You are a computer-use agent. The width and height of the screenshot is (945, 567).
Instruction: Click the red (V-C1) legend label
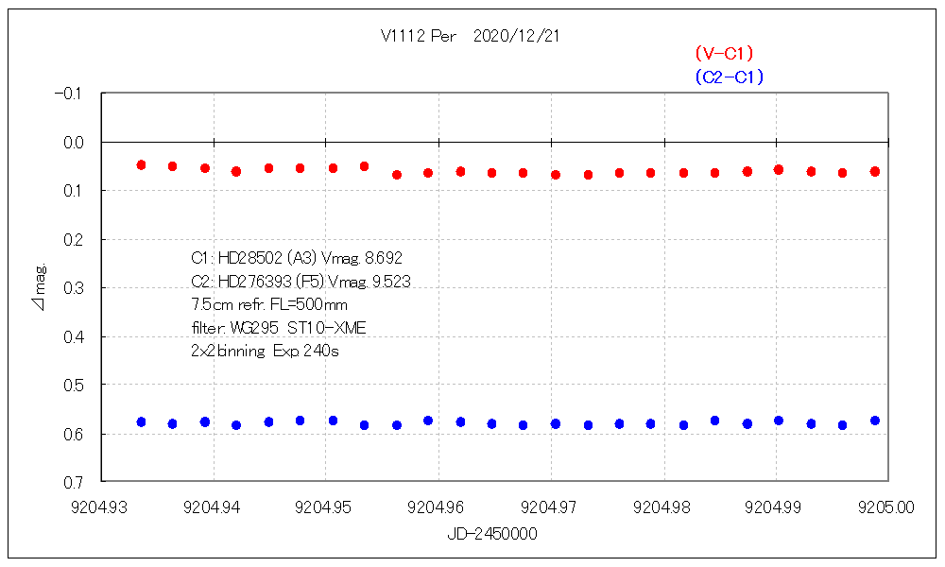(x=724, y=54)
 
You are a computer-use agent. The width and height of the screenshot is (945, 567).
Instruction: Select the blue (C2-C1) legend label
(x=728, y=77)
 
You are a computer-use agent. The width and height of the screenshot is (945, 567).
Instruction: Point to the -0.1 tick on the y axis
(x=69, y=94)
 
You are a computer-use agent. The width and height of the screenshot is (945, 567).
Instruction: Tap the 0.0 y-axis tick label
(x=73, y=142)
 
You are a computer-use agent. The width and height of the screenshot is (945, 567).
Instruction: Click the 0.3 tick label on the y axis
(x=73, y=287)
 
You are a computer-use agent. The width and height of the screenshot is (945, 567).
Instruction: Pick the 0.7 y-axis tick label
(x=73, y=482)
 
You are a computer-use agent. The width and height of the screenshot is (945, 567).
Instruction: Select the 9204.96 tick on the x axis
(x=439, y=507)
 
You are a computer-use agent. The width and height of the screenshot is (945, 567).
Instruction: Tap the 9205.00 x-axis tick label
(x=888, y=507)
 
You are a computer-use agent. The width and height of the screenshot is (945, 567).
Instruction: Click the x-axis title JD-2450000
(x=492, y=534)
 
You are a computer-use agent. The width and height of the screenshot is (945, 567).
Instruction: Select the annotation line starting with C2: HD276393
(x=300, y=281)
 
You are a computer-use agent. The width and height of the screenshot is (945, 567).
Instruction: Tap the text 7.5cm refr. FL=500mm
(x=268, y=304)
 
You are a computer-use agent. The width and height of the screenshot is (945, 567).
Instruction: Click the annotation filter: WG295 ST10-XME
(x=278, y=328)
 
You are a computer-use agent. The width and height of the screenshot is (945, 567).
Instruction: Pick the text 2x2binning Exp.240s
(x=265, y=352)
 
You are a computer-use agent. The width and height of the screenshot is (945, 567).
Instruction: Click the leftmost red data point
(x=141, y=164)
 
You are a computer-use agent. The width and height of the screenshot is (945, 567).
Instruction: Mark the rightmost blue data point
(x=875, y=421)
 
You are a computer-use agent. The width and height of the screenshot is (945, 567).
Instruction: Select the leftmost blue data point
(x=141, y=421)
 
